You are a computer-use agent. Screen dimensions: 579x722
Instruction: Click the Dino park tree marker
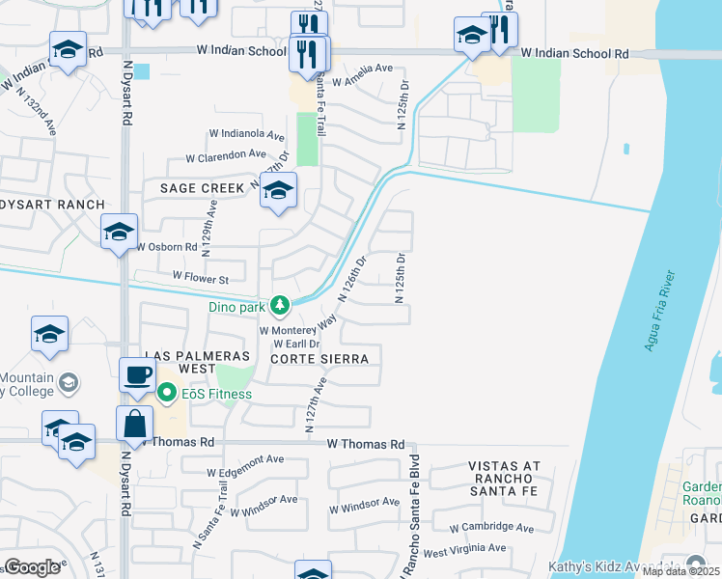coord(279,306)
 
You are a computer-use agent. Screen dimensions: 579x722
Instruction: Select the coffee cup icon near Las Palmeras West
coord(137,374)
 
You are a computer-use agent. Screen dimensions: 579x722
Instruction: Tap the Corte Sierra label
coord(319,358)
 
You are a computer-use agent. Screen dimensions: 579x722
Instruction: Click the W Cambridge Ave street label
coord(491,528)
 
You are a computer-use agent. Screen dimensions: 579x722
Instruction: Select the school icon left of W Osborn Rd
coord(120,232)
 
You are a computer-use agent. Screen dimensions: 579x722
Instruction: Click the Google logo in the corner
coord(32,567)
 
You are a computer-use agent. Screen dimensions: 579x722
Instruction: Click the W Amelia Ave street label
coord(361,69)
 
